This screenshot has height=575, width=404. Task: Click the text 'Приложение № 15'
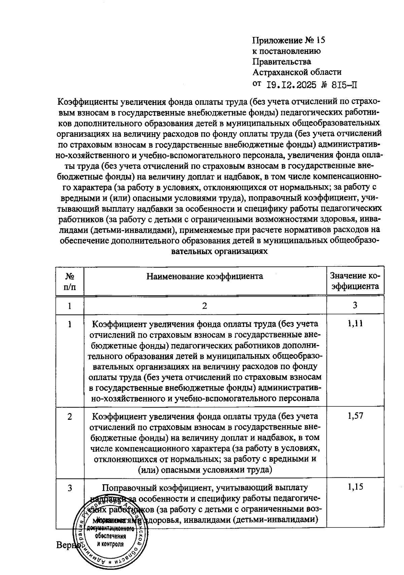click(289, 41)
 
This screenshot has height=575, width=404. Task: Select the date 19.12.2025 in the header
click(291, 85)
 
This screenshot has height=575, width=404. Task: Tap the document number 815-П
click(344, 85)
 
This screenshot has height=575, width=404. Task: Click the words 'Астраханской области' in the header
click(297, 72)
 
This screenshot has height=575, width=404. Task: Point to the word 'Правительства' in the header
click(282, 62)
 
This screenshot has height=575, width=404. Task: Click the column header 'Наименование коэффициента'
click(205, 276)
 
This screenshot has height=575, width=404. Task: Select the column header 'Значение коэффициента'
click(355, 281)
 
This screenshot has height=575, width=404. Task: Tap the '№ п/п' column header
click(70, 281)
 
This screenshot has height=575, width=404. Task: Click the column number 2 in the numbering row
click(205, 306)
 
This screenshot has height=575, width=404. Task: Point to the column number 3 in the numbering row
click(355, 305)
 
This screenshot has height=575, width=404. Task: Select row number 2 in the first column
click(70, 416)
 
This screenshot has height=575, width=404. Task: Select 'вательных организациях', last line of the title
click(220, 251)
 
